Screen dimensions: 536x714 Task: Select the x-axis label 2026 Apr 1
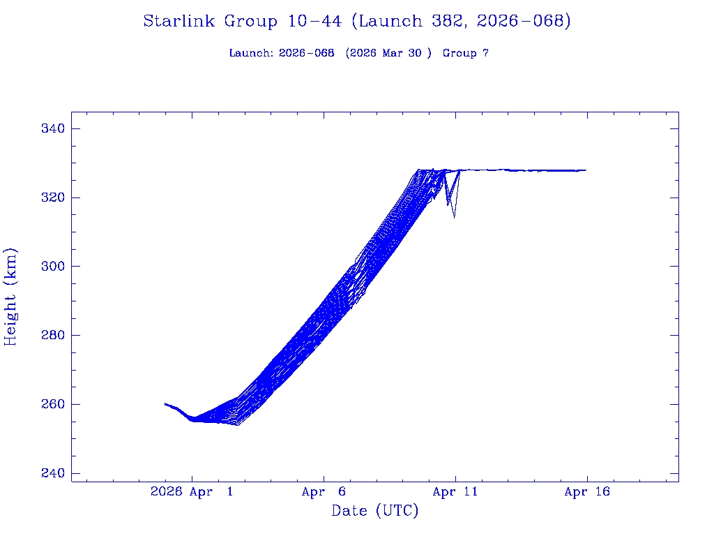[192, 492]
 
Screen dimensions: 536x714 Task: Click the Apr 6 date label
[324, 492]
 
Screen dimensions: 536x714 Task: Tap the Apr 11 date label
[455, 492]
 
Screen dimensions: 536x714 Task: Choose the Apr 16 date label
[587, 492]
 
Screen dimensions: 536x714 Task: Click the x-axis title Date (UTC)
[375, 512]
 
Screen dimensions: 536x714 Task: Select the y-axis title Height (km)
[11, 297]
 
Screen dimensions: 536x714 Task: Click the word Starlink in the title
[181, 22]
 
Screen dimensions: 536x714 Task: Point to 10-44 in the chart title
[314, 22]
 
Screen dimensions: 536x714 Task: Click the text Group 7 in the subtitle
[465, 54]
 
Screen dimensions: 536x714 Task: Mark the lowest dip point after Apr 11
[455, 217]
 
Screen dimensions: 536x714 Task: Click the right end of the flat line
[586, 170]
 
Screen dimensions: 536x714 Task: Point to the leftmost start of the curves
[165, 403]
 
